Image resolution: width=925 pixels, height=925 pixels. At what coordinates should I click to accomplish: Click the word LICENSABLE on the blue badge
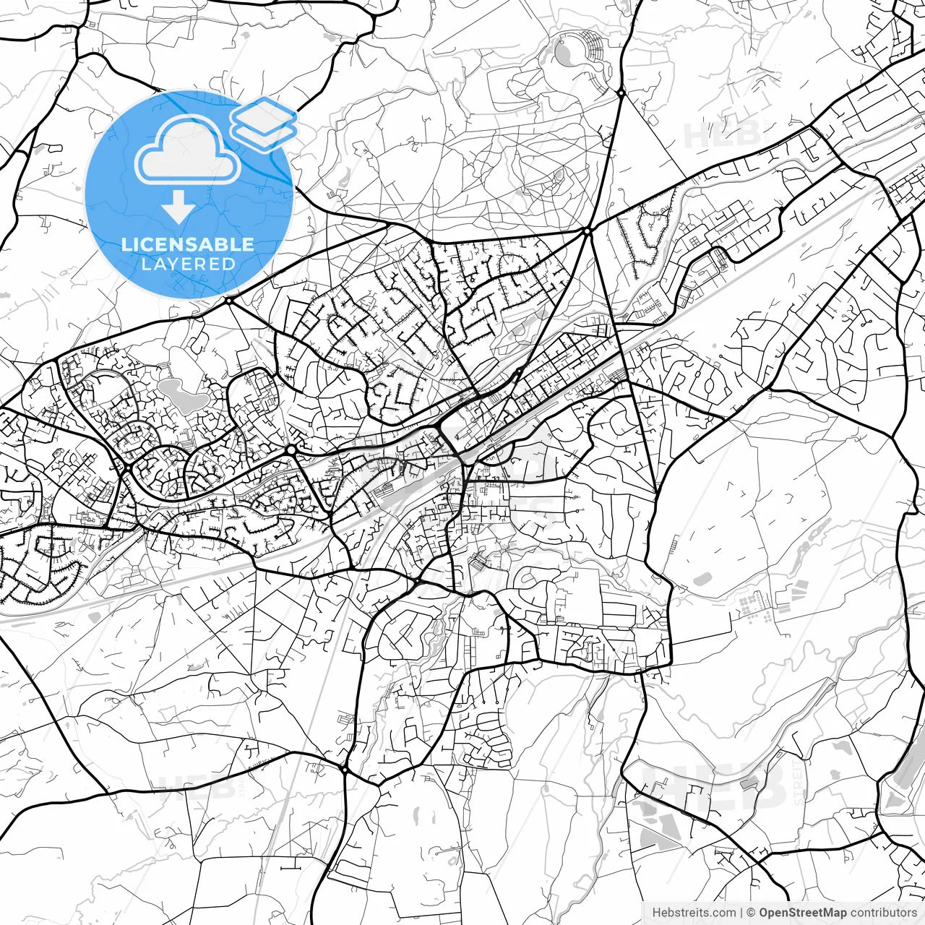[x=188, y=244]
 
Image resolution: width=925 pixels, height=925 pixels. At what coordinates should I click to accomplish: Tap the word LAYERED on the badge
[x=188, y=264]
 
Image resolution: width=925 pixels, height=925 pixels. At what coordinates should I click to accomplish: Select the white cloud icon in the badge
[x=188, y=150]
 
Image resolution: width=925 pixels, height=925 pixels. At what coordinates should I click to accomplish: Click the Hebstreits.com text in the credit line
[x=694, y=913]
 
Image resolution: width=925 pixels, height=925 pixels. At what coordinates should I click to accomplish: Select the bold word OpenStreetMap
[x=802, y=913]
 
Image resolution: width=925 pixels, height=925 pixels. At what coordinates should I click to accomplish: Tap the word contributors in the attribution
[x=883, y=913]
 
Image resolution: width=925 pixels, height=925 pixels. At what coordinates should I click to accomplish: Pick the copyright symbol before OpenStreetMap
[x=752, y=913]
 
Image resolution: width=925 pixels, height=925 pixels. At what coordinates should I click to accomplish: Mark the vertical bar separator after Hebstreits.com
[x=742, y=913]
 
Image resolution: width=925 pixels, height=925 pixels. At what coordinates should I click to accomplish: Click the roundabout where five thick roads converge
[x=588, y=231]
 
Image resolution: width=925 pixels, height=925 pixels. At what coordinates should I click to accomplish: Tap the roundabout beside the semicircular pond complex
[x=620, y=92]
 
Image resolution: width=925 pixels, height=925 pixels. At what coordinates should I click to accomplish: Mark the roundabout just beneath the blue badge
[x=228, y=300]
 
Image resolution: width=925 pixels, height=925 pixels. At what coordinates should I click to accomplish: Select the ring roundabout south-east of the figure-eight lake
[x=291, y=450]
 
